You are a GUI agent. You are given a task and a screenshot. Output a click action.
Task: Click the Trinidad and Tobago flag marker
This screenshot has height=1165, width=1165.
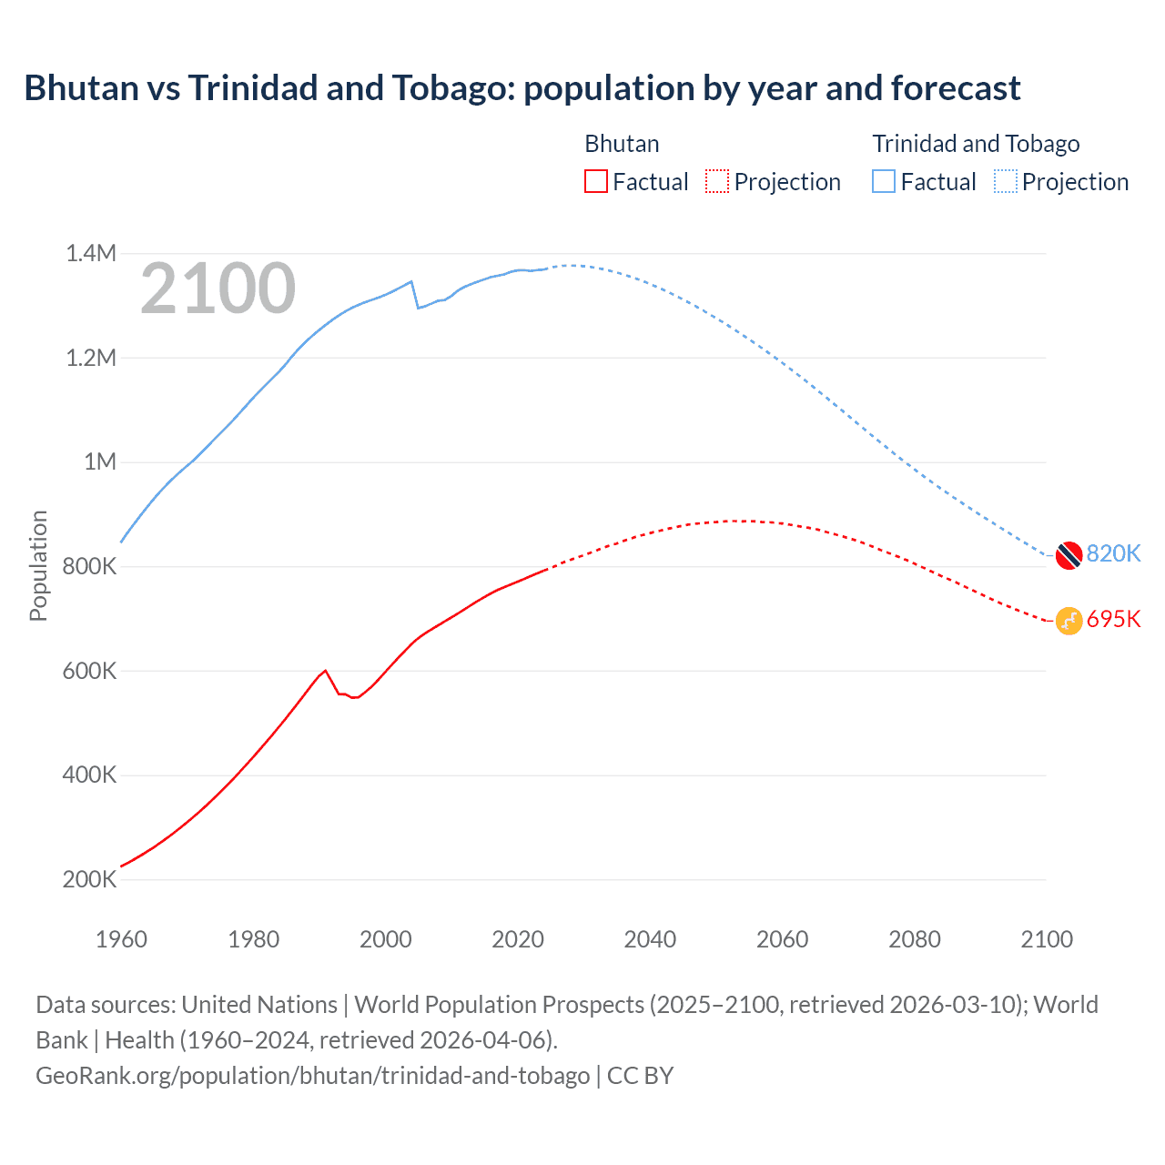tap(1069, 554)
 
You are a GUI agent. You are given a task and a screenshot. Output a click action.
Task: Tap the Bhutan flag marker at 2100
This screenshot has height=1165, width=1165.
tap(1069, 621)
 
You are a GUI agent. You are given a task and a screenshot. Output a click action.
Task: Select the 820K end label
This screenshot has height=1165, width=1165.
tap(1113, 553)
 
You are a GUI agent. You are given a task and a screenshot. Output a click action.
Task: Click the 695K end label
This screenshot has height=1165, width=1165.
tap(1113, 619)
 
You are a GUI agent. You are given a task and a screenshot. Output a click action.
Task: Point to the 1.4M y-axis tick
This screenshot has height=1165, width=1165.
tap(91, 253)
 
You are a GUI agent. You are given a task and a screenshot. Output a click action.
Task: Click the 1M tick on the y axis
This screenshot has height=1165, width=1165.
tap(100, 461)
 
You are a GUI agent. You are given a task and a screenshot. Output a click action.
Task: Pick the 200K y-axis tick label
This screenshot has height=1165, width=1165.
tap(90, 879)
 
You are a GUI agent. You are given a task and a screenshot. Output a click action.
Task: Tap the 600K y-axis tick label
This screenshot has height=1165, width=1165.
tap(90, 671)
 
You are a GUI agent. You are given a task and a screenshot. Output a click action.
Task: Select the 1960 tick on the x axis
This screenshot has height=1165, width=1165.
tap(121, 939)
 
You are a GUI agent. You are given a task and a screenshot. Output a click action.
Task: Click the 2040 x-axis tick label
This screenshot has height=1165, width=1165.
tap(650, 939)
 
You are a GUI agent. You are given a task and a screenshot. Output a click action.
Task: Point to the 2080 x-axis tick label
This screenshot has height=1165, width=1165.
tap(914, 939)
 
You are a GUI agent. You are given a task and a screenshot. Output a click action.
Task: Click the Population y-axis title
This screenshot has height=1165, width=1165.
tap(38, 565)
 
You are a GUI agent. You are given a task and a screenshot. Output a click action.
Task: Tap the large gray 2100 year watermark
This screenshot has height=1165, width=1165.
tap(218, 289)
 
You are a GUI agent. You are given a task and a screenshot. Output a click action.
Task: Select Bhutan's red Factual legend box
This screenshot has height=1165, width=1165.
tap(595, 181)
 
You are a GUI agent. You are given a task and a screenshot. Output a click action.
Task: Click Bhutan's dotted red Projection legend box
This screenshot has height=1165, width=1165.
tap(717, 181)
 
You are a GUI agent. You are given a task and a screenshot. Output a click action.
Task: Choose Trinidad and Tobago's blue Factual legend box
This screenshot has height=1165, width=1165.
tap(884, 181)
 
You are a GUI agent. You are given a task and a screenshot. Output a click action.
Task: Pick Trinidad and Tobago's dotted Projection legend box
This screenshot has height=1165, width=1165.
tap(1005, 181)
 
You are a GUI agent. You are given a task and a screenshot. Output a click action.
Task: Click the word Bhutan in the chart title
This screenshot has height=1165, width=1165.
tap(80, 88)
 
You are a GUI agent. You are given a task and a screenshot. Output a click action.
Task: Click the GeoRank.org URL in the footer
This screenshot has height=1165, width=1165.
tap(312, 1075)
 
